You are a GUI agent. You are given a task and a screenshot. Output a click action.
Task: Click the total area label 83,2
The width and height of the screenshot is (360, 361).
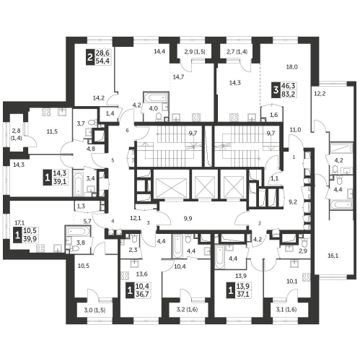[x=289, y=94]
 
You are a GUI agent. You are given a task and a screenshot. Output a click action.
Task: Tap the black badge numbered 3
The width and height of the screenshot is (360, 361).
[x=276, y=90]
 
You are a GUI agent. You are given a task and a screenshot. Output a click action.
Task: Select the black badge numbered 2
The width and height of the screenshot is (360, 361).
[x=90, y=57]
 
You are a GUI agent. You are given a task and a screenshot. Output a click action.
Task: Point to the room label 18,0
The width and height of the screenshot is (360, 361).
[x=291, y=67]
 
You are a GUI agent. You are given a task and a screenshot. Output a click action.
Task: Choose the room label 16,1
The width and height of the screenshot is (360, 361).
[x=333, y=256]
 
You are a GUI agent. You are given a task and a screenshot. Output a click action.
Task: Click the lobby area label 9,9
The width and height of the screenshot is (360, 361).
[x=188, y=219]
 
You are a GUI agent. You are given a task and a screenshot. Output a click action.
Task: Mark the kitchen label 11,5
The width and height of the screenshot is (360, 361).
[x=52, y=131]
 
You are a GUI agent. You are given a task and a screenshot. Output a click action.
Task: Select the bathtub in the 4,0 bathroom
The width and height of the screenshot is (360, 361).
[x=156, y=97]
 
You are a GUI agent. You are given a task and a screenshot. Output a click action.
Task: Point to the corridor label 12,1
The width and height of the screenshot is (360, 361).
[x=136, y=218]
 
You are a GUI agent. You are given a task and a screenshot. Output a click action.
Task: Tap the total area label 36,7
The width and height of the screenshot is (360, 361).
[x=143, y=294]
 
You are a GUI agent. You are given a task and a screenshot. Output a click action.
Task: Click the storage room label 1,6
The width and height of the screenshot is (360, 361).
[x=274, y=115]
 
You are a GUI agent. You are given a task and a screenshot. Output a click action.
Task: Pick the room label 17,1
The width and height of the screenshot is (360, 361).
[x=19, y=223]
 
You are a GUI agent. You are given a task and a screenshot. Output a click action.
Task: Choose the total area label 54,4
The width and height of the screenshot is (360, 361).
[x=102, y=61]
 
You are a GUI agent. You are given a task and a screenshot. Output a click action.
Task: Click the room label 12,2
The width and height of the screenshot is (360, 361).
[x=320, y=94]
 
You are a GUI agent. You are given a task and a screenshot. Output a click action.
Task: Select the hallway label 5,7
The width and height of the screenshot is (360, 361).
[x=87, y=221]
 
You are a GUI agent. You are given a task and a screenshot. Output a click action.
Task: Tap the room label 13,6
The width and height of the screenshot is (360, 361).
[x=142, y=274]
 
